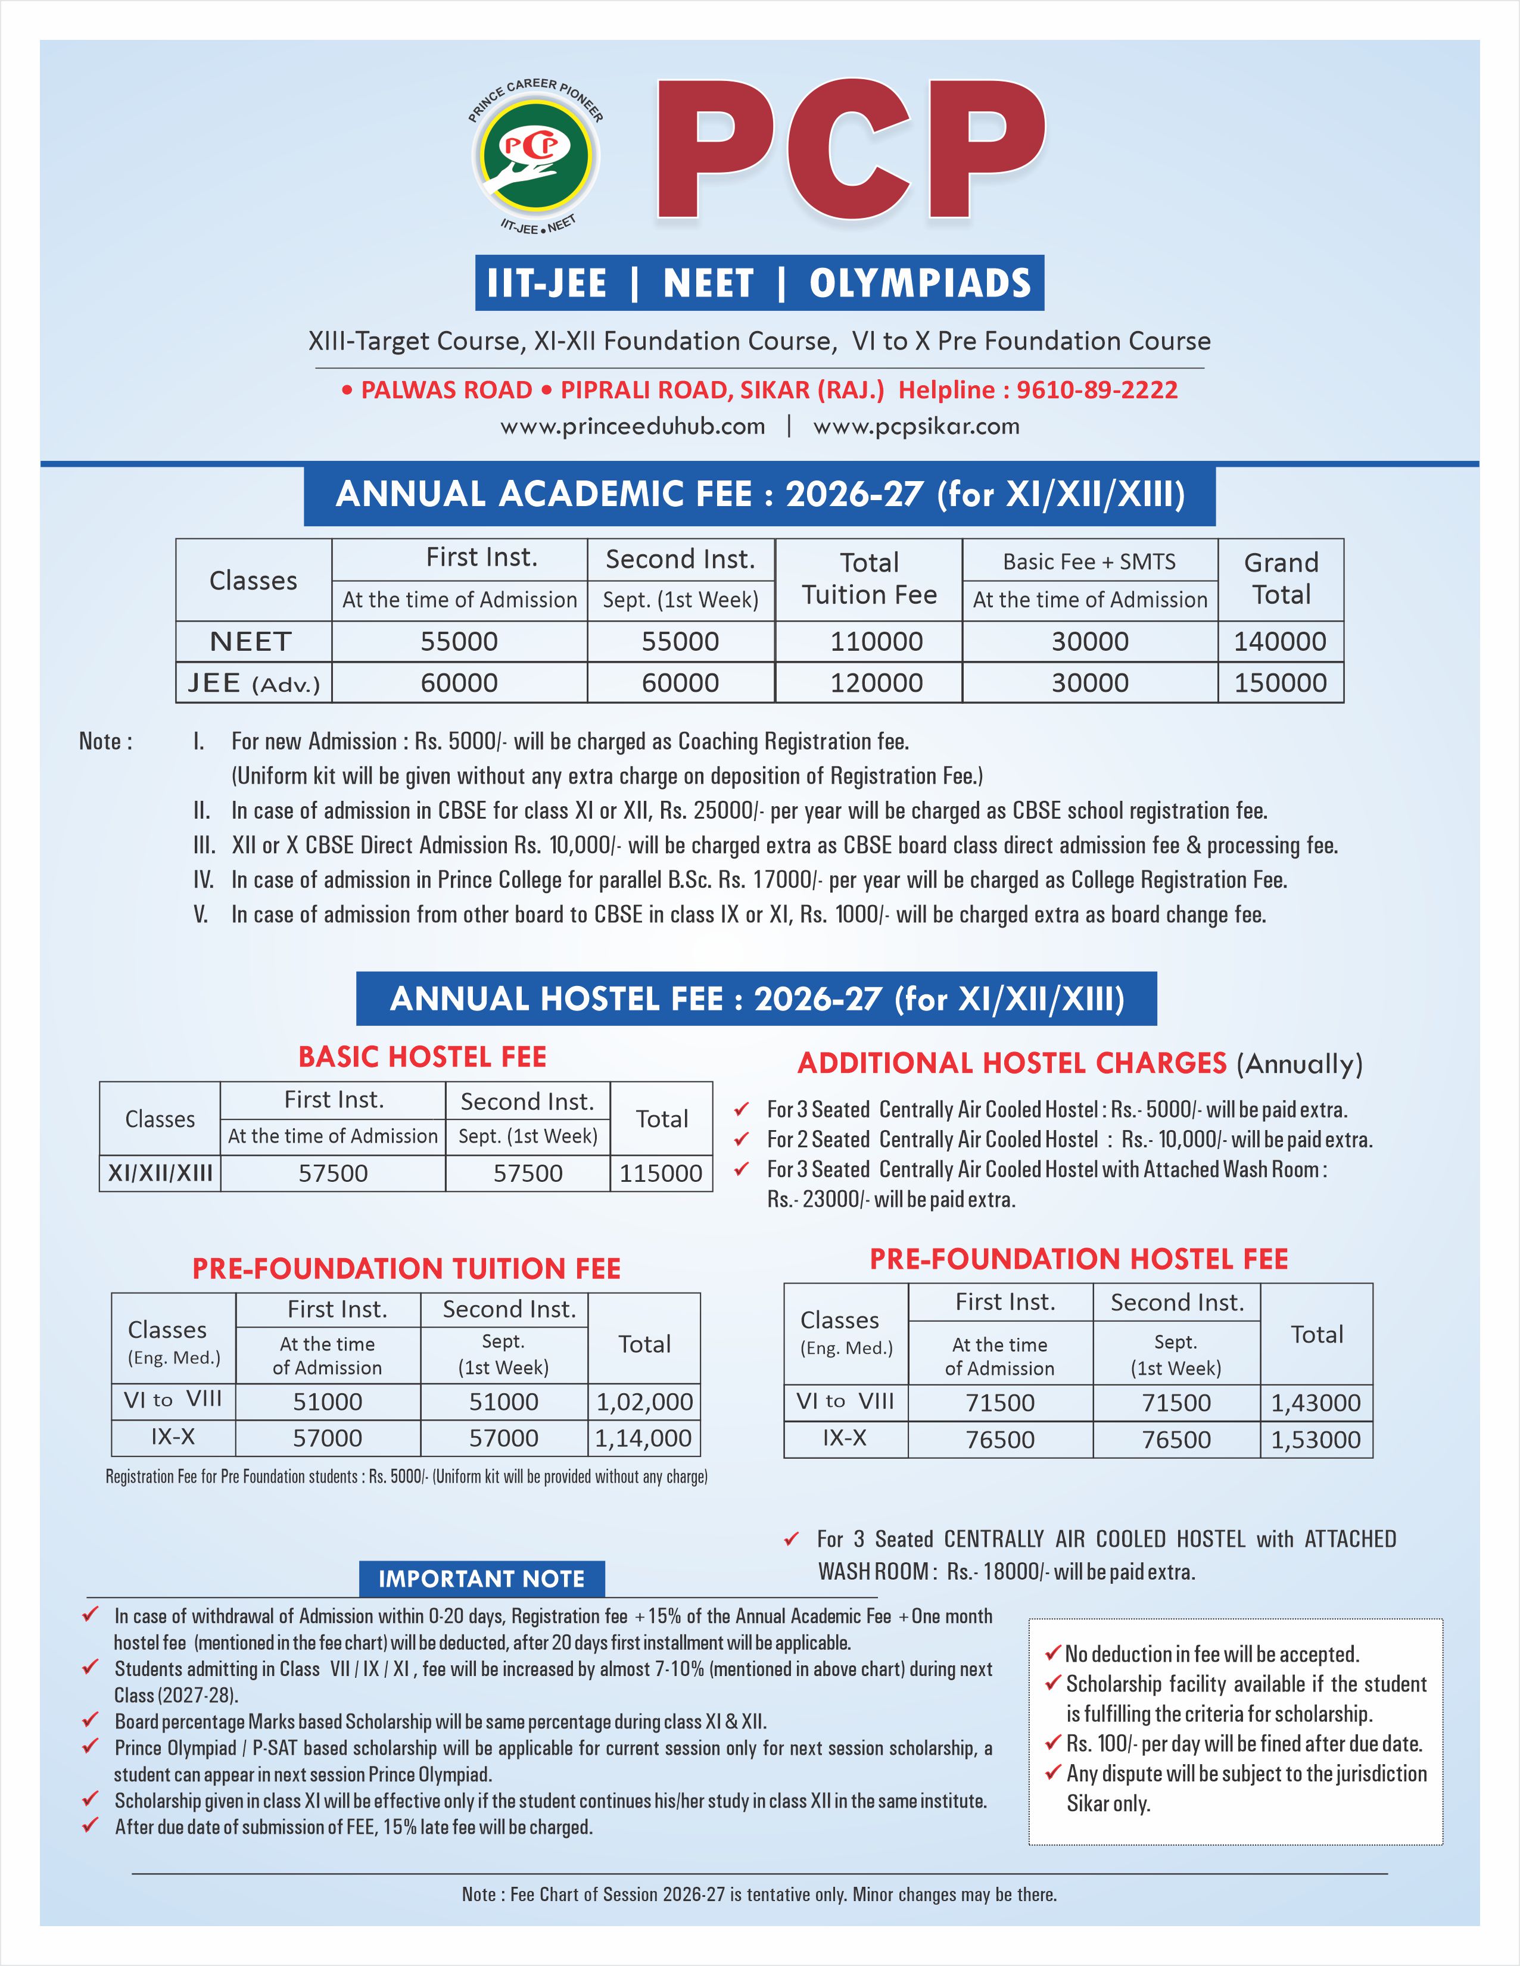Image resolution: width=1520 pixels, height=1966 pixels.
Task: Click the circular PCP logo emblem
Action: point(537,154)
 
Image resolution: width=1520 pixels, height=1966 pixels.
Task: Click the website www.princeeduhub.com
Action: point(632,427)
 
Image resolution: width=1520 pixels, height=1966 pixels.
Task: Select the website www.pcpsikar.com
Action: point(916,427)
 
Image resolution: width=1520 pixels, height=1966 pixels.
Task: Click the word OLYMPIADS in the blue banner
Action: point(920,283)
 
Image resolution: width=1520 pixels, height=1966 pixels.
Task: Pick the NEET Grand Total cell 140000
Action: point(1279,642)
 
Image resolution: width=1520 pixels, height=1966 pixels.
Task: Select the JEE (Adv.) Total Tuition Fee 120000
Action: point(876,684)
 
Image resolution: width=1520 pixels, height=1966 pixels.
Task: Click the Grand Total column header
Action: point(1281,579)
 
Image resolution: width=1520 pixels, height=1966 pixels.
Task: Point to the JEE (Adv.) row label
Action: point(253,684)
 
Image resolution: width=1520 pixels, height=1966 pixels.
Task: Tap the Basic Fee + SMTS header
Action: point(1089,561)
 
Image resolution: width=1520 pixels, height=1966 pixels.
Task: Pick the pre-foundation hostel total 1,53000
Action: point(1316,1440)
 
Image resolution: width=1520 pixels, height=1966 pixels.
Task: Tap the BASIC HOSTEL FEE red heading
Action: point(422,1057)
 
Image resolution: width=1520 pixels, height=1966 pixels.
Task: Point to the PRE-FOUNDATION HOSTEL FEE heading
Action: point(1078,1259)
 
